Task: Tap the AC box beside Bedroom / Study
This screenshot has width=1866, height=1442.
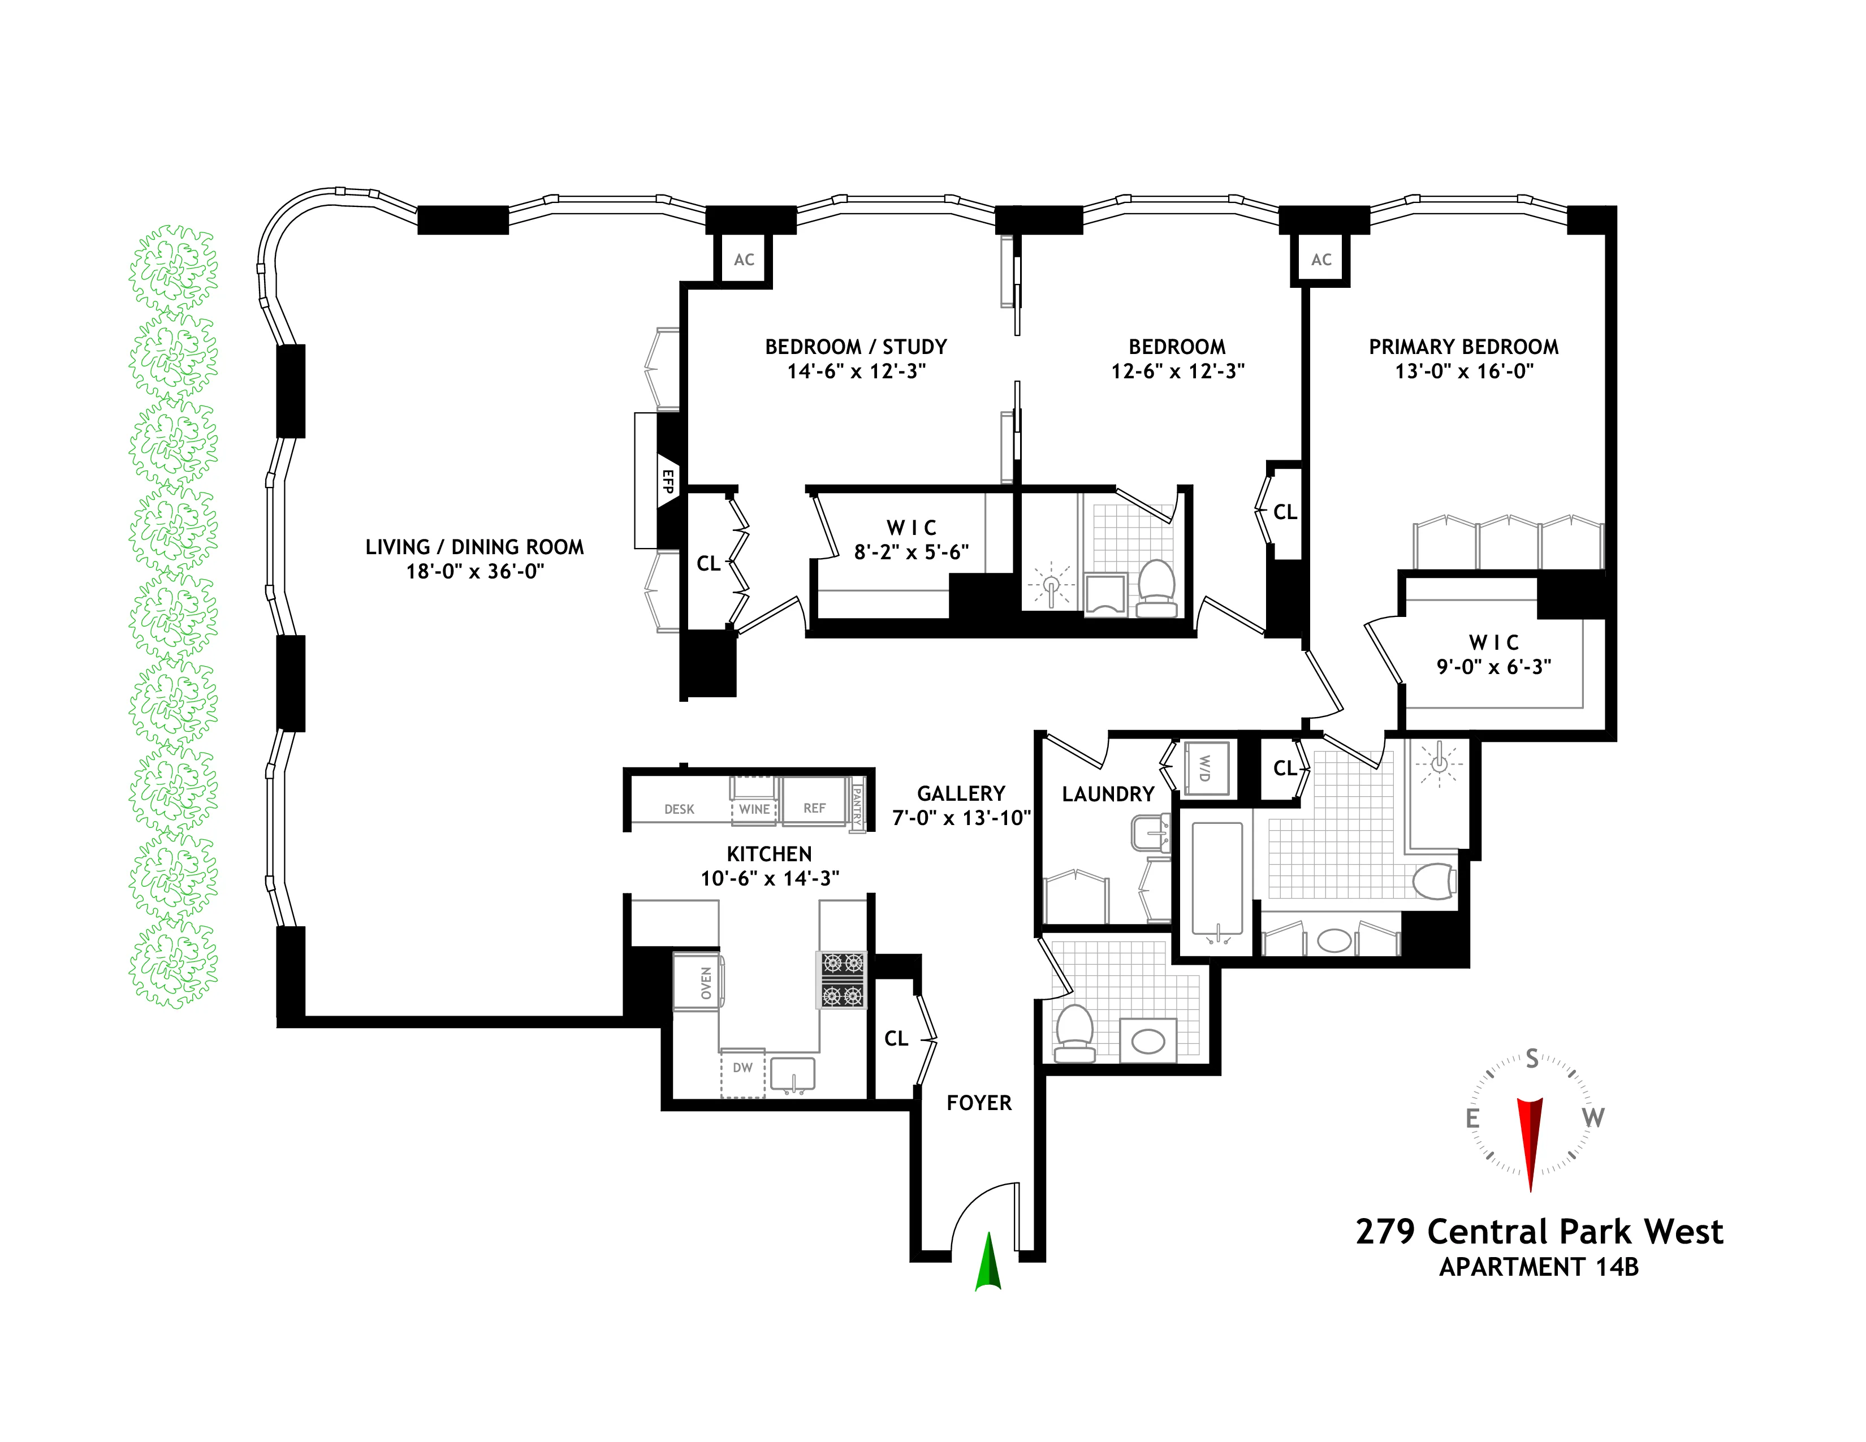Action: [744, 260]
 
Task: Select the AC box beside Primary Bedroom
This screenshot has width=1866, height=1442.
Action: [1321, 260]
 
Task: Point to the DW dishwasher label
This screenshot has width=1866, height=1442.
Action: [742, 1068]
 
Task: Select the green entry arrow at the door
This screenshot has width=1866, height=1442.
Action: [988, 1263]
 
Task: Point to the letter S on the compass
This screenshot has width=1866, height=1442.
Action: [1532, 1059]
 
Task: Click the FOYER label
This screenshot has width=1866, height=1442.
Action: [978, 1103]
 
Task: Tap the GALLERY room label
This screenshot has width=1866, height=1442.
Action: [960, 793]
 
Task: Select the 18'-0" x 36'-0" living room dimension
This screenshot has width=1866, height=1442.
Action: [474, 572]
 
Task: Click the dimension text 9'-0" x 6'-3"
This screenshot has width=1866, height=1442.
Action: [1493, 667]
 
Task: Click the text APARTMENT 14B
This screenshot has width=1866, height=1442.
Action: [1538, 1267]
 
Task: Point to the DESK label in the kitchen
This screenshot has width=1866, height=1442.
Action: [679, 809]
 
